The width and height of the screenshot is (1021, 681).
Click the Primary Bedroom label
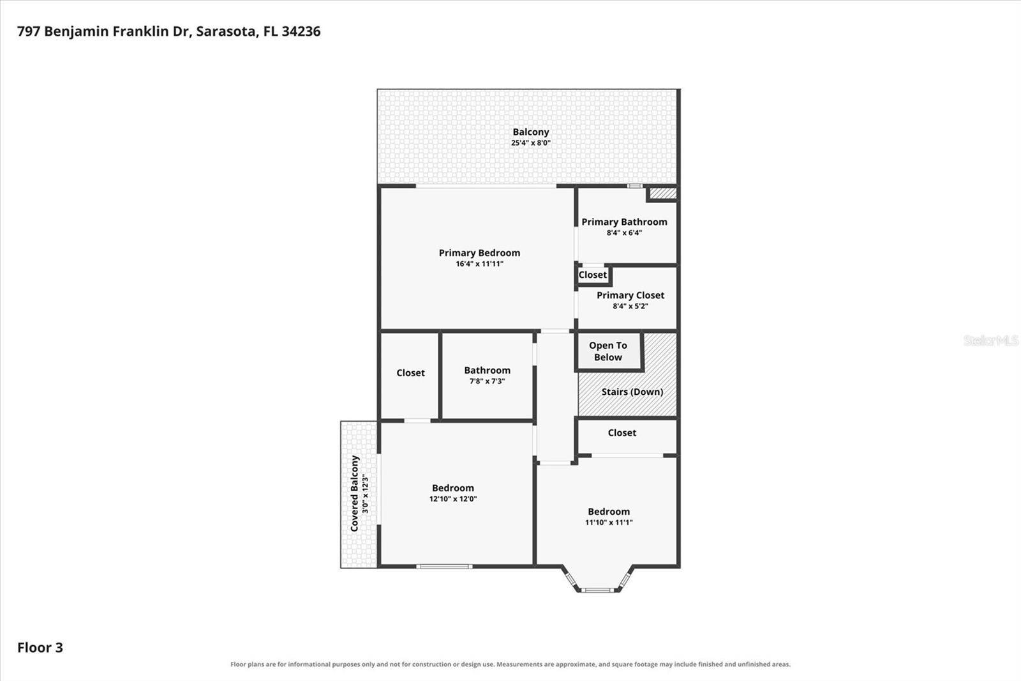479,253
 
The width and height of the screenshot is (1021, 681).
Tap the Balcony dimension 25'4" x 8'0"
530,143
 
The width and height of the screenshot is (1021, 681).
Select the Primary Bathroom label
624,222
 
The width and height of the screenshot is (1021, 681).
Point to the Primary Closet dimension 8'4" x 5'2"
630,306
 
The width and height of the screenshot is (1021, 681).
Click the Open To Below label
608,351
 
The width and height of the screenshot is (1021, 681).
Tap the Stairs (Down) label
632,392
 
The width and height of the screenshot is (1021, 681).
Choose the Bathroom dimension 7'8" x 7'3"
488,381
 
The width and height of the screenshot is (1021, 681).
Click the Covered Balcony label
355,493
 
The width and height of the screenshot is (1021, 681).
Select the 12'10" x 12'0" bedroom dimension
453,499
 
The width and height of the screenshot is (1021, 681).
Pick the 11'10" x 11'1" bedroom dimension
609,523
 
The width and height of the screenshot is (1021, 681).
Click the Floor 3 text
40,648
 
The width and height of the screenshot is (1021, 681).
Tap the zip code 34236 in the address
301,31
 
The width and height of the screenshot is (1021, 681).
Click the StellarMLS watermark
990,340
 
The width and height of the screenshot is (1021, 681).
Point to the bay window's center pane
597,590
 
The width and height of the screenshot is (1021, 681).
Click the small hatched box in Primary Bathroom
662,194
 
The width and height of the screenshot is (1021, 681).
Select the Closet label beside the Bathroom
410,373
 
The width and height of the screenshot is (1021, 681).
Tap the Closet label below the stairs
622,432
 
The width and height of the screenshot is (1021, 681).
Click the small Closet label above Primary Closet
593,275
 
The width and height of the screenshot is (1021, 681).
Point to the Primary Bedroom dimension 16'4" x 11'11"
479,264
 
